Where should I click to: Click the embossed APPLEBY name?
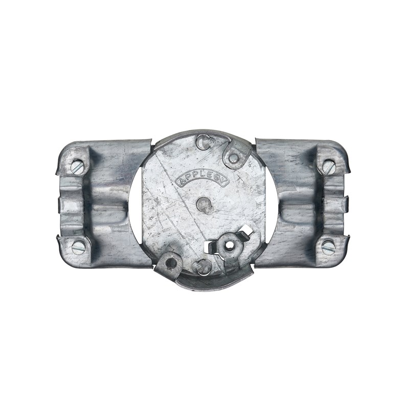[202, 180]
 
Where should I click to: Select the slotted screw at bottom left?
[78, 247]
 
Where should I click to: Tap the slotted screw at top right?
[329, 167]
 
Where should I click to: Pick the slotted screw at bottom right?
[328, 246]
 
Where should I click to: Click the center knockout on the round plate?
[205, 206]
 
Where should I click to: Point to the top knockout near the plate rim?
[205, 142]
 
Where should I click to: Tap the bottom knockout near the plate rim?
[202, 267]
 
